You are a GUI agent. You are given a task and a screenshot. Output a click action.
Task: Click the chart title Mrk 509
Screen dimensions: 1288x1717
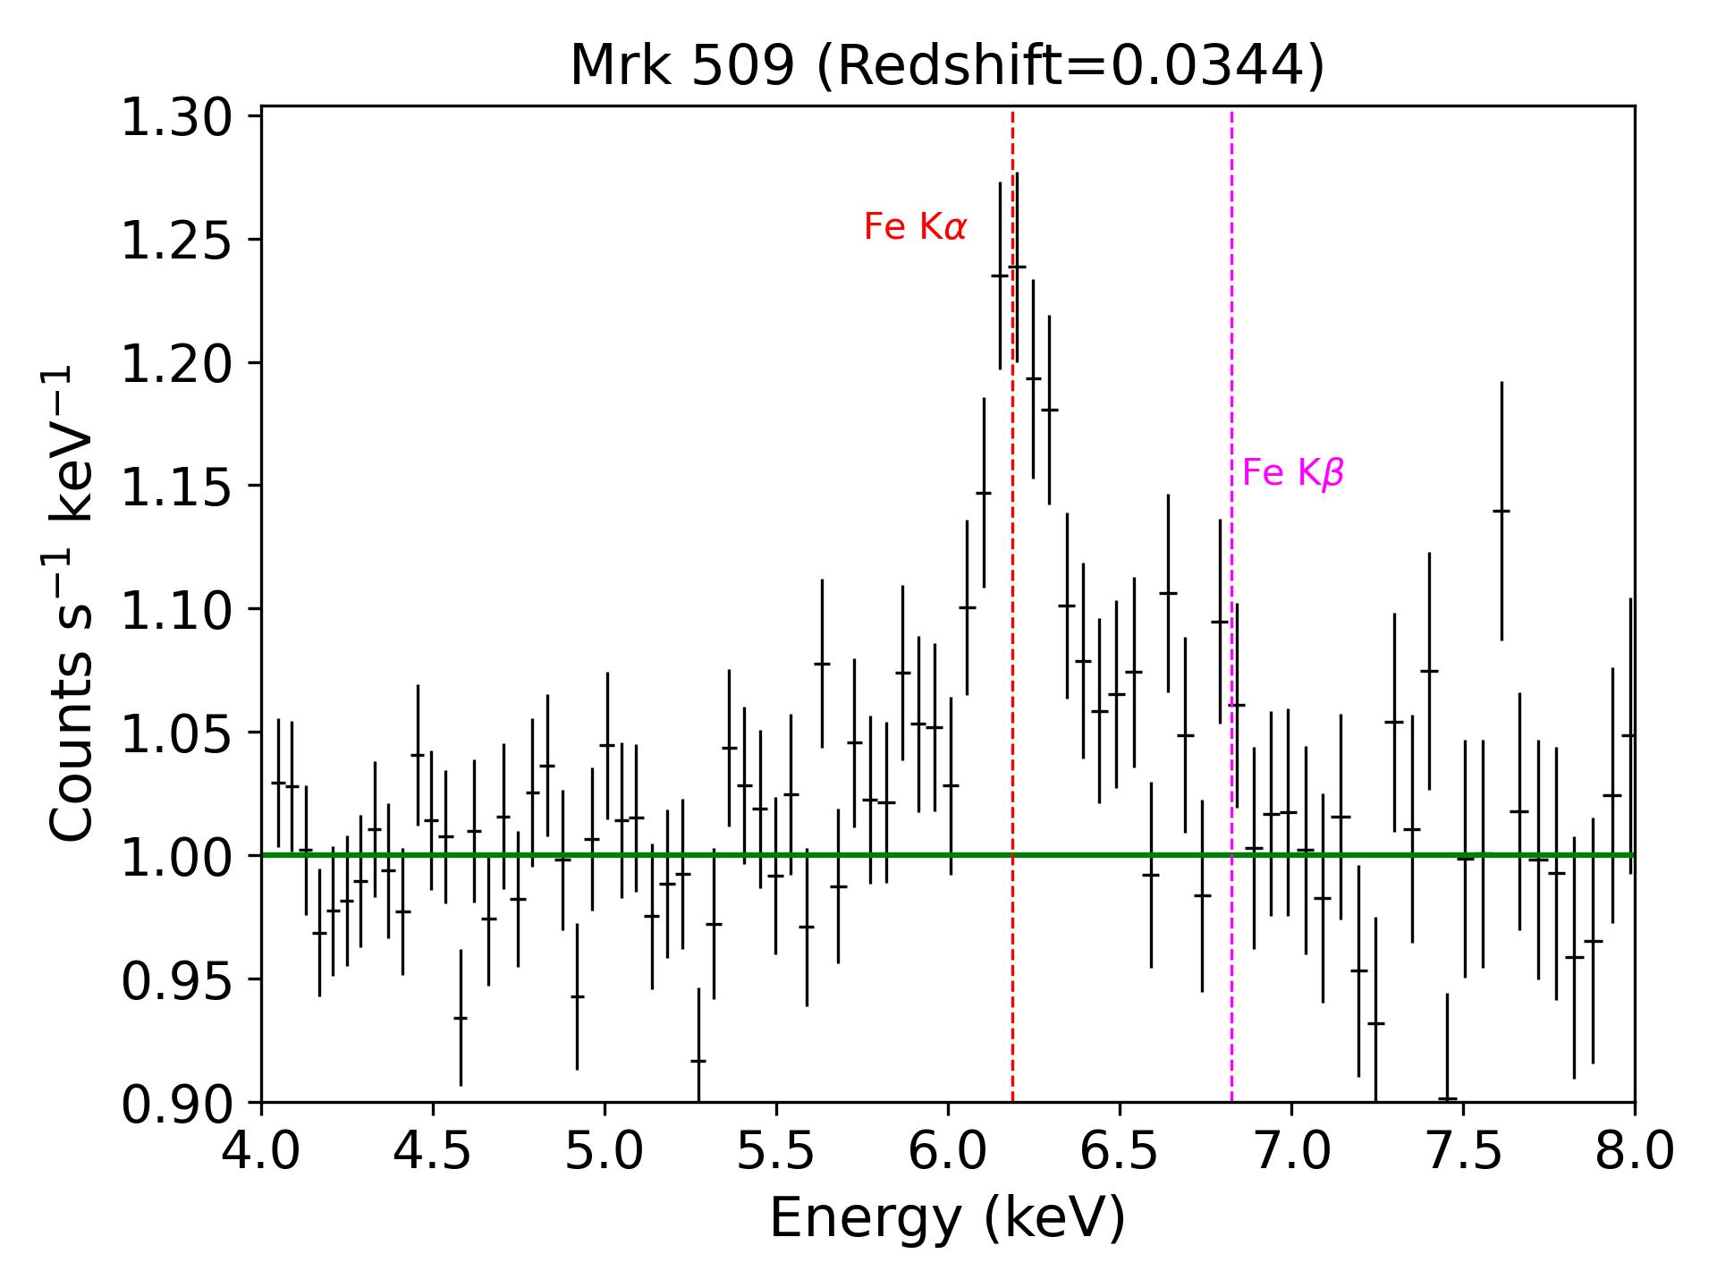point(682,67)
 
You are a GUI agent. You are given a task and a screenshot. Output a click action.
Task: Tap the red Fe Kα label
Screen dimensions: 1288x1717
point(915,228)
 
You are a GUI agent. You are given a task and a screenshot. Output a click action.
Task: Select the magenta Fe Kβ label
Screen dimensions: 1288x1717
point(1293,473)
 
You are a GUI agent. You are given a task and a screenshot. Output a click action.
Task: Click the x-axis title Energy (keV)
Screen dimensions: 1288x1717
point(947,1218)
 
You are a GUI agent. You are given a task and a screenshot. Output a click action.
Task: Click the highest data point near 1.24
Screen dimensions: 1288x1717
point(1017,267)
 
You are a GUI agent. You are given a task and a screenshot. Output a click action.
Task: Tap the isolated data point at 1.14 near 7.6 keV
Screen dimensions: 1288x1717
point(1501,511)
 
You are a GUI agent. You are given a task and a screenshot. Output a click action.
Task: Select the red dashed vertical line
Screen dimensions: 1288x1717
point(1012,626)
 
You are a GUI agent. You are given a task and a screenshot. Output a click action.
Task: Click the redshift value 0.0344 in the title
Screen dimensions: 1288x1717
point(1239,67)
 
